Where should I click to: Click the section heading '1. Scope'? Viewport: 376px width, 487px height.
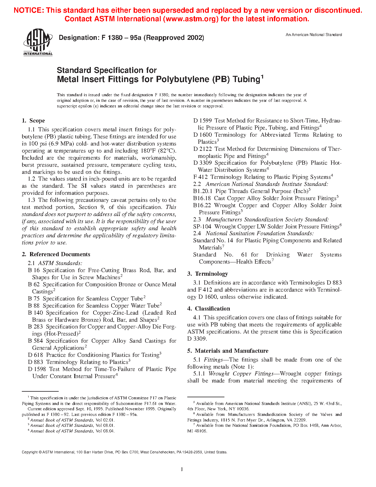click(33, 121)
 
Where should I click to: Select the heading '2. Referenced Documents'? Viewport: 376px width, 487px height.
click(56, 254)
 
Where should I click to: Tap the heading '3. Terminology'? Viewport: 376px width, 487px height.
click(208, 274)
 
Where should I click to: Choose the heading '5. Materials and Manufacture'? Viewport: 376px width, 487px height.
click(228, 351)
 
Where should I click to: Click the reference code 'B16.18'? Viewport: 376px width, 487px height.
click(202, 198)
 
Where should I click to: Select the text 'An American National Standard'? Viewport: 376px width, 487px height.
click(313, 35)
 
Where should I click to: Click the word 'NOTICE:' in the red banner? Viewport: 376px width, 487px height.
click(29, 11)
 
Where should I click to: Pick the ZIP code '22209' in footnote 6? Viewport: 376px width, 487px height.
click(301, 420)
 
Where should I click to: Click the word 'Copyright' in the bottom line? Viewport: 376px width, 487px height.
click(30, 452)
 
